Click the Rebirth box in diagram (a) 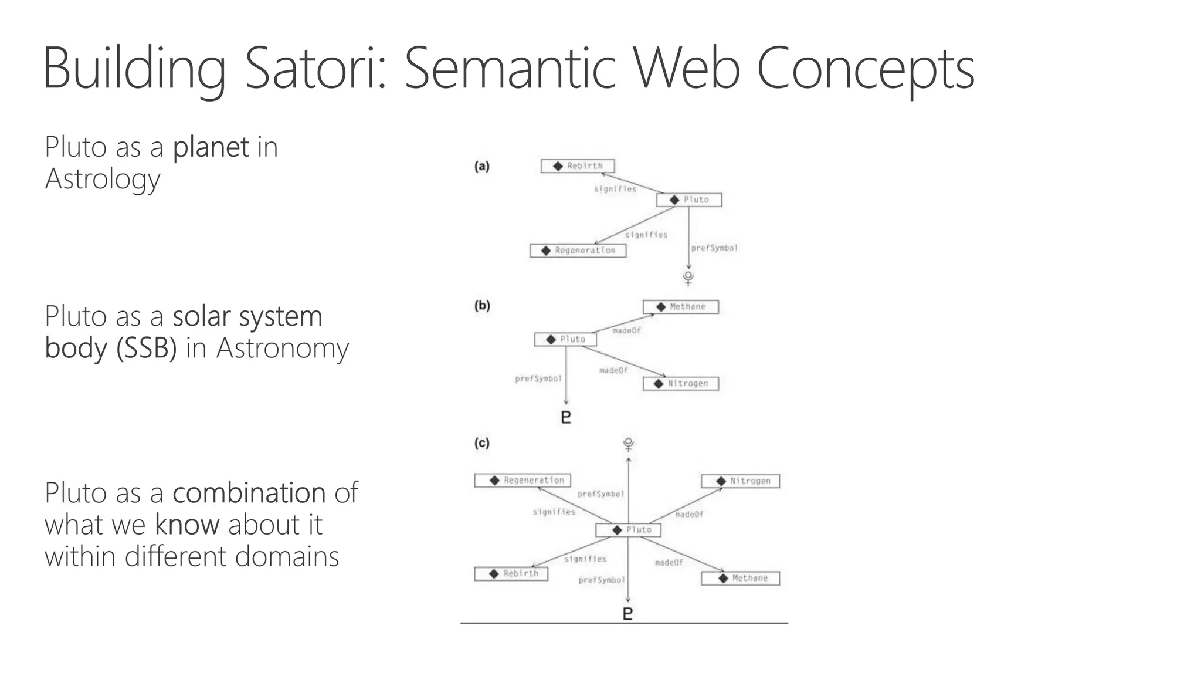tap(578, 166)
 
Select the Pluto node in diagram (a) tap(688, 200)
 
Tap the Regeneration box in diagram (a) tap(578, 251)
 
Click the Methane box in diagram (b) tap(680, 307)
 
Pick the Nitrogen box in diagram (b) tap(680, 384)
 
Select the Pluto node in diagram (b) tap(565, 339)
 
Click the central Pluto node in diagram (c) tap(628, 530)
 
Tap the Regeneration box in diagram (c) tap(523, 481)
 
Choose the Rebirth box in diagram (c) tap(511, 574)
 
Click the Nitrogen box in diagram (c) tap(741, 481)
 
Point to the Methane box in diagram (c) tap(741, 579)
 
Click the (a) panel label tap(482, 166)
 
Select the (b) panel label tap(482, 306)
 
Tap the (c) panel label tap(482, 443)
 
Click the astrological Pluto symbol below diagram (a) tap(688, 278)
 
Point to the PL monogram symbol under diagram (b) tap(566, 417)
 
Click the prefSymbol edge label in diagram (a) tap(714, 248)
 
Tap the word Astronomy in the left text tap(283, 348)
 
